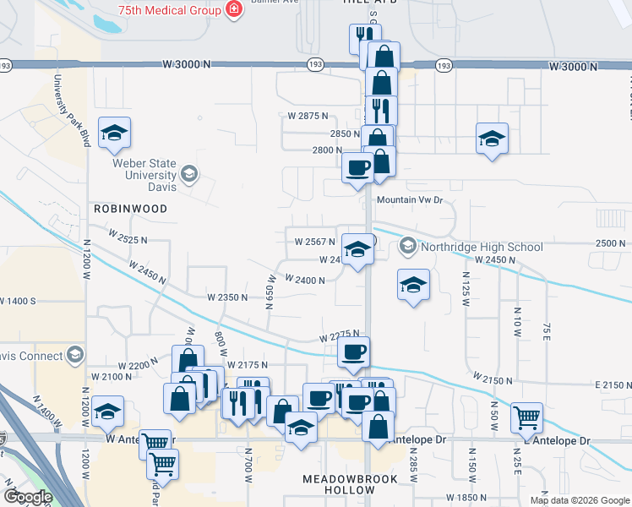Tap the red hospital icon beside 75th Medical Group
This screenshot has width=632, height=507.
(232, 10)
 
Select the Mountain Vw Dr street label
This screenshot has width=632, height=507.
(410, 200)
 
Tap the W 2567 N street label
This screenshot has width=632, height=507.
(315, 241)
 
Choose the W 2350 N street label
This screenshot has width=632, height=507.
(227, 297)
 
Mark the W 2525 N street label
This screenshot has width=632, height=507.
(127, 240)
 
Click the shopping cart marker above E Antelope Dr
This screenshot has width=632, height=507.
(526, 415)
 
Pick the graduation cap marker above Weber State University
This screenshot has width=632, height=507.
(114, 132)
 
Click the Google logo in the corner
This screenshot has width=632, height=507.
(28, 497)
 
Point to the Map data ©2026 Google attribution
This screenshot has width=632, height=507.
(579, 500)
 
